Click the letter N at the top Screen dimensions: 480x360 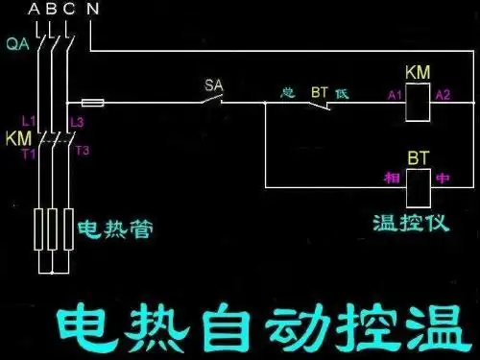[92, 10]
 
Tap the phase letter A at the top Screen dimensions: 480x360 [36, 10]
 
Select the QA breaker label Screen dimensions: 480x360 [16, 44]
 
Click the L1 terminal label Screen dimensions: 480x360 [28, 121]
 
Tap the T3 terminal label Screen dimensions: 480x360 [82, 150]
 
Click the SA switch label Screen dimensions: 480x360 [213, 85]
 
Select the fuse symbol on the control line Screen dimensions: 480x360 [93, 101]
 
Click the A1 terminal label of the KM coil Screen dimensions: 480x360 [395, 95]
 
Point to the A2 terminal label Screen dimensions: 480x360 [443, 95]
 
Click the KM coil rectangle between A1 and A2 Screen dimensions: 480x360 [419, 101]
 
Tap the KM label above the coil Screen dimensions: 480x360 [418, 73]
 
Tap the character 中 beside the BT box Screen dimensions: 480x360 [443, 179]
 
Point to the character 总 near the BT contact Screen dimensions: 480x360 [286, 93]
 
